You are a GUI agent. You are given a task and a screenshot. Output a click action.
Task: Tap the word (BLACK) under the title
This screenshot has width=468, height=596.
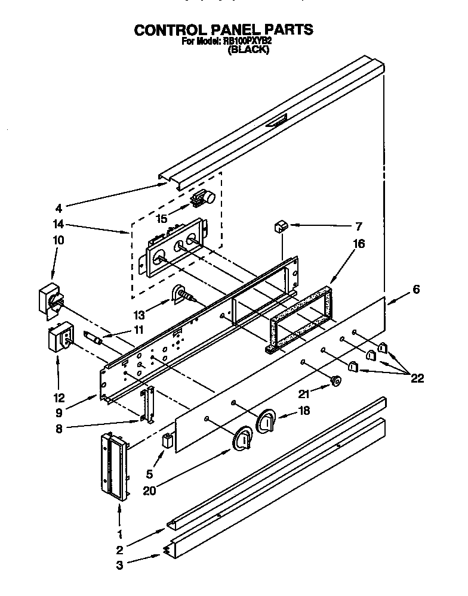249,51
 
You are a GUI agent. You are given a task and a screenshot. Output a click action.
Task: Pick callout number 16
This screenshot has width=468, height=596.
358,244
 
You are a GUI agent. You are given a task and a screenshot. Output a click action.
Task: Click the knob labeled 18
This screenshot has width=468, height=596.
267,421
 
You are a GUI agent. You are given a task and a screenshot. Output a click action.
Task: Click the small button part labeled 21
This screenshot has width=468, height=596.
336,379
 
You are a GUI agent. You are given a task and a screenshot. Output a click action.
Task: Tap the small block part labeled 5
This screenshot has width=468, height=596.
168,442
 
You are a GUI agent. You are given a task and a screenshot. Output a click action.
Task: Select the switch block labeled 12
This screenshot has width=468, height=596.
59,340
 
